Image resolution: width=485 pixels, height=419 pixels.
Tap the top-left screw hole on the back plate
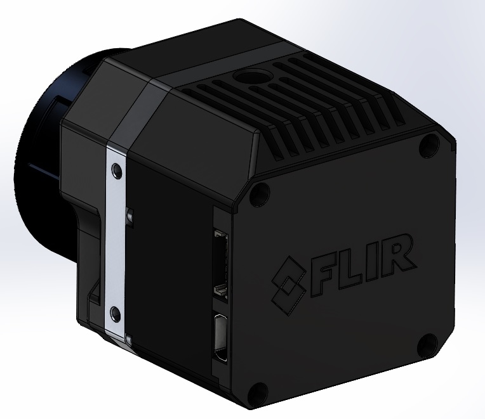[258, 195]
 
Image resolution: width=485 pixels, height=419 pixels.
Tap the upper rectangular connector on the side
[220, 261]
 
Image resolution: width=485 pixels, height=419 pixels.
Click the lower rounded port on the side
[222, 335]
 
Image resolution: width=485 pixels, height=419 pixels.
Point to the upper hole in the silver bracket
[115, 170]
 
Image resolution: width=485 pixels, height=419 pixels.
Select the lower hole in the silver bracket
[115, 312]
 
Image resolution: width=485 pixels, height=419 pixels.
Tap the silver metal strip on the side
[116, 241]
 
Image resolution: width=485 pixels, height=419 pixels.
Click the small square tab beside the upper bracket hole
[130, 216]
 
